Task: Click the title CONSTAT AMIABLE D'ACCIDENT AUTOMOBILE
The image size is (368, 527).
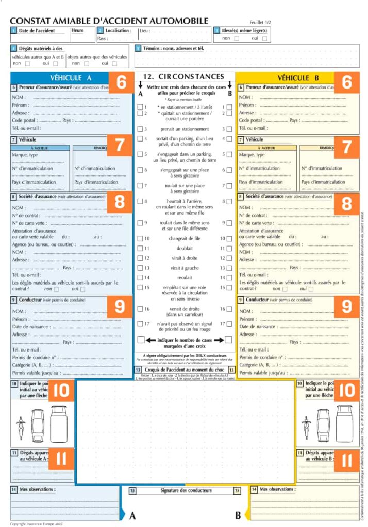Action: [x=109, y=21]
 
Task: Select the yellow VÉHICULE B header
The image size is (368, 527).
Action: [x=302, y=78]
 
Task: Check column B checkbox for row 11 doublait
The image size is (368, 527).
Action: [x=229, y=248]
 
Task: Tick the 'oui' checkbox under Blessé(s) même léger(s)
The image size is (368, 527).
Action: [x=265, y=39]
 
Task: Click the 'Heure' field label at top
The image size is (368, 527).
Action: [x=77, y=31]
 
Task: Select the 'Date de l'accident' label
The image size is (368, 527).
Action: [x=37, y=31]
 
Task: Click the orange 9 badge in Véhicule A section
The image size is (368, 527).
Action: [x=120, y=307]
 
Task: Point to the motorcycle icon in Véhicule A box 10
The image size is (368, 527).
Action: [x=21, y=426]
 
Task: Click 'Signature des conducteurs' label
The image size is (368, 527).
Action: [x=186, y=490]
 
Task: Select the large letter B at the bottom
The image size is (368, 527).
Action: [x=238, y=515]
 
